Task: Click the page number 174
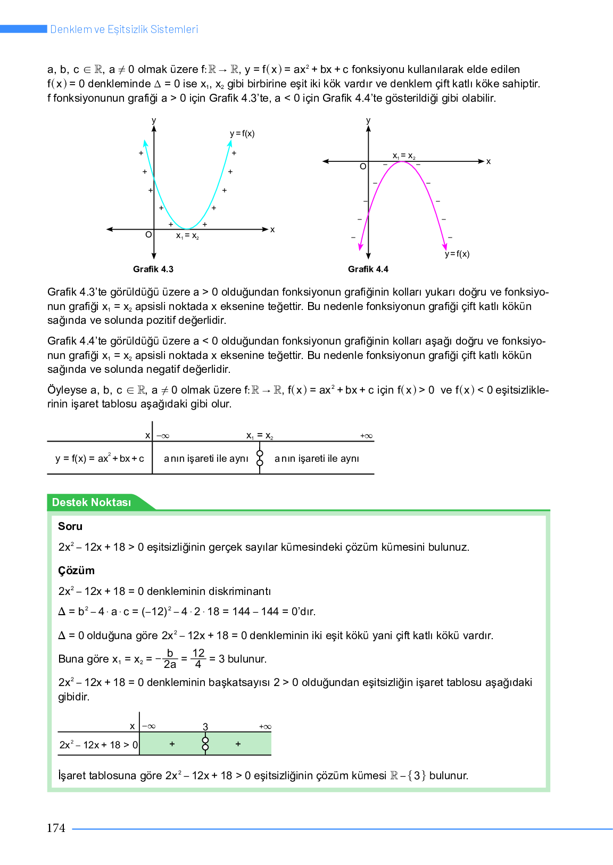tap(56, 828)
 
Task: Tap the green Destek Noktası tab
tap(92, 502)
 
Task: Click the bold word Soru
tap(70, 526)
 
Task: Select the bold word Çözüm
tap(76, 570)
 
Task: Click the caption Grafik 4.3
tap(153, 269)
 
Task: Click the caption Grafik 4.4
tap(368, 269)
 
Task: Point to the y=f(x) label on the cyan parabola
tap(242, 134)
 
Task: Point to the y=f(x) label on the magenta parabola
tap(457, 254)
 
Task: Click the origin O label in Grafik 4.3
tap(148, 234)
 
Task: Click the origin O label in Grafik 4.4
tap(363, 166)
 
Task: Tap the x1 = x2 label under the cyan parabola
tap(187, 236)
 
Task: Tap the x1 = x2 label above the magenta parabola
tap(404, 156)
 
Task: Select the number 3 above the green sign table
tap(205, 727)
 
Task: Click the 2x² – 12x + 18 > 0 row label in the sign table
tap(98, 745)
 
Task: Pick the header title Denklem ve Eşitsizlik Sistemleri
tap(124, 29)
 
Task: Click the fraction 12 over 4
tap(198, 659)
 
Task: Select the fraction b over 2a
tap(170, 659)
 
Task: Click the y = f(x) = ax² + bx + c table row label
tap(100, 458)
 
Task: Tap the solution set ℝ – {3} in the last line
tap(408, 776)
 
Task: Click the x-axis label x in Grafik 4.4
tap(488, 161)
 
